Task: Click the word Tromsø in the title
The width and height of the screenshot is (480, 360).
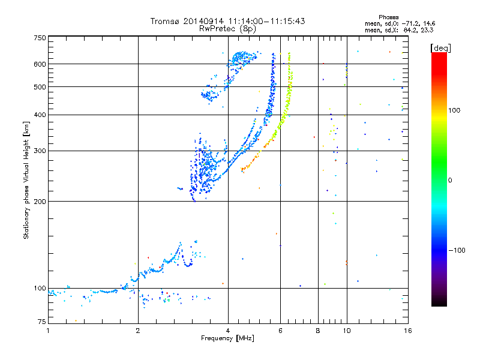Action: point(165,21)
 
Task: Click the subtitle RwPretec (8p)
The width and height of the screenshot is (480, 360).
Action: point(227,29)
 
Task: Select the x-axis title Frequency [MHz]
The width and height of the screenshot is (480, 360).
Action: point(227,338)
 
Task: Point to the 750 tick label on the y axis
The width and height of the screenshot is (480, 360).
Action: point(40,38)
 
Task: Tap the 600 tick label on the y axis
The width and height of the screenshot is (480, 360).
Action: point(40,64)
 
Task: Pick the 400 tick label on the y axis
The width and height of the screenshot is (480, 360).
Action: point(40,115)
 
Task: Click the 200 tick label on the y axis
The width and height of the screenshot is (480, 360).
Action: point(40,202)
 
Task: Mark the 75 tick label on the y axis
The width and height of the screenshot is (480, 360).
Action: point(42,322)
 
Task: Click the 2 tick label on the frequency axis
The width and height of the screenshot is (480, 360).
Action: point(138,331)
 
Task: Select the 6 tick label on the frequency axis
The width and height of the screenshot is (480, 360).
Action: point(280,331)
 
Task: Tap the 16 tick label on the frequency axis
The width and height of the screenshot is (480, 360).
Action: point(408,331)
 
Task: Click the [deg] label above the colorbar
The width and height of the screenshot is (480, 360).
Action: point(440,48)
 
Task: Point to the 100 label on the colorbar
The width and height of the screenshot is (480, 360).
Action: point(454,110)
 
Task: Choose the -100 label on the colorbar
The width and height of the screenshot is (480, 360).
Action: point(457,250)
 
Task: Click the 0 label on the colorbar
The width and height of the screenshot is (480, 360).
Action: point(450,181)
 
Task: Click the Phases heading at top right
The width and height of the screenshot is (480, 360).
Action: point(388,17)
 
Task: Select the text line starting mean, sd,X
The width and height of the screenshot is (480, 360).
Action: point(399,30)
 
